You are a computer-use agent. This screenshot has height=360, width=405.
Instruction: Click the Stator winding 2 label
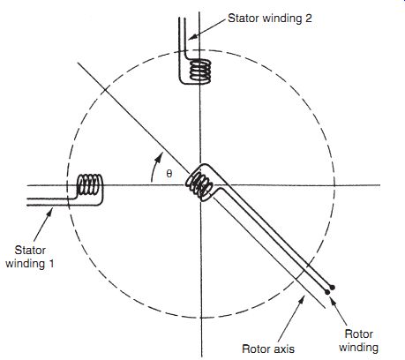270,19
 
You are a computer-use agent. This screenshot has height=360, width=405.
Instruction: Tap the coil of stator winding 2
200,71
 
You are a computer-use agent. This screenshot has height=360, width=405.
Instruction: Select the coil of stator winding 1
89,184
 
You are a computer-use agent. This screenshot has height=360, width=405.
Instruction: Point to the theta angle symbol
169,174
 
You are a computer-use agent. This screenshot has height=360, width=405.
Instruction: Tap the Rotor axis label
268,349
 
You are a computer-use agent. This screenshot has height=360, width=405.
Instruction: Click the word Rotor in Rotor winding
358,334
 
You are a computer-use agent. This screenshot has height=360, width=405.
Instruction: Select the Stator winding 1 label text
30,257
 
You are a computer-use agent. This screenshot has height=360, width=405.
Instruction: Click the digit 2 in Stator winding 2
308,19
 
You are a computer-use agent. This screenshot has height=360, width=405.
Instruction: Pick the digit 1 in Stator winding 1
51,264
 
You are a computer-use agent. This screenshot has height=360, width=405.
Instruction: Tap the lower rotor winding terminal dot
327,292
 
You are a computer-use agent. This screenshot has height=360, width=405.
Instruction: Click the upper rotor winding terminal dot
332,287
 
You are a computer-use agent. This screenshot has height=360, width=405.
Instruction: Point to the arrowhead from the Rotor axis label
301,301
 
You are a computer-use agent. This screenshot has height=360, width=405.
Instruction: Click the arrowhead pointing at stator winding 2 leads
192,37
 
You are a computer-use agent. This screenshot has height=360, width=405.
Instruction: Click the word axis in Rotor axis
283,349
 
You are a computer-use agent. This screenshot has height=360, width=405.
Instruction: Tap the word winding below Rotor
358,348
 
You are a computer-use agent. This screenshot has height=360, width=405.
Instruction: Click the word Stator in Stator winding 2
244,19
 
